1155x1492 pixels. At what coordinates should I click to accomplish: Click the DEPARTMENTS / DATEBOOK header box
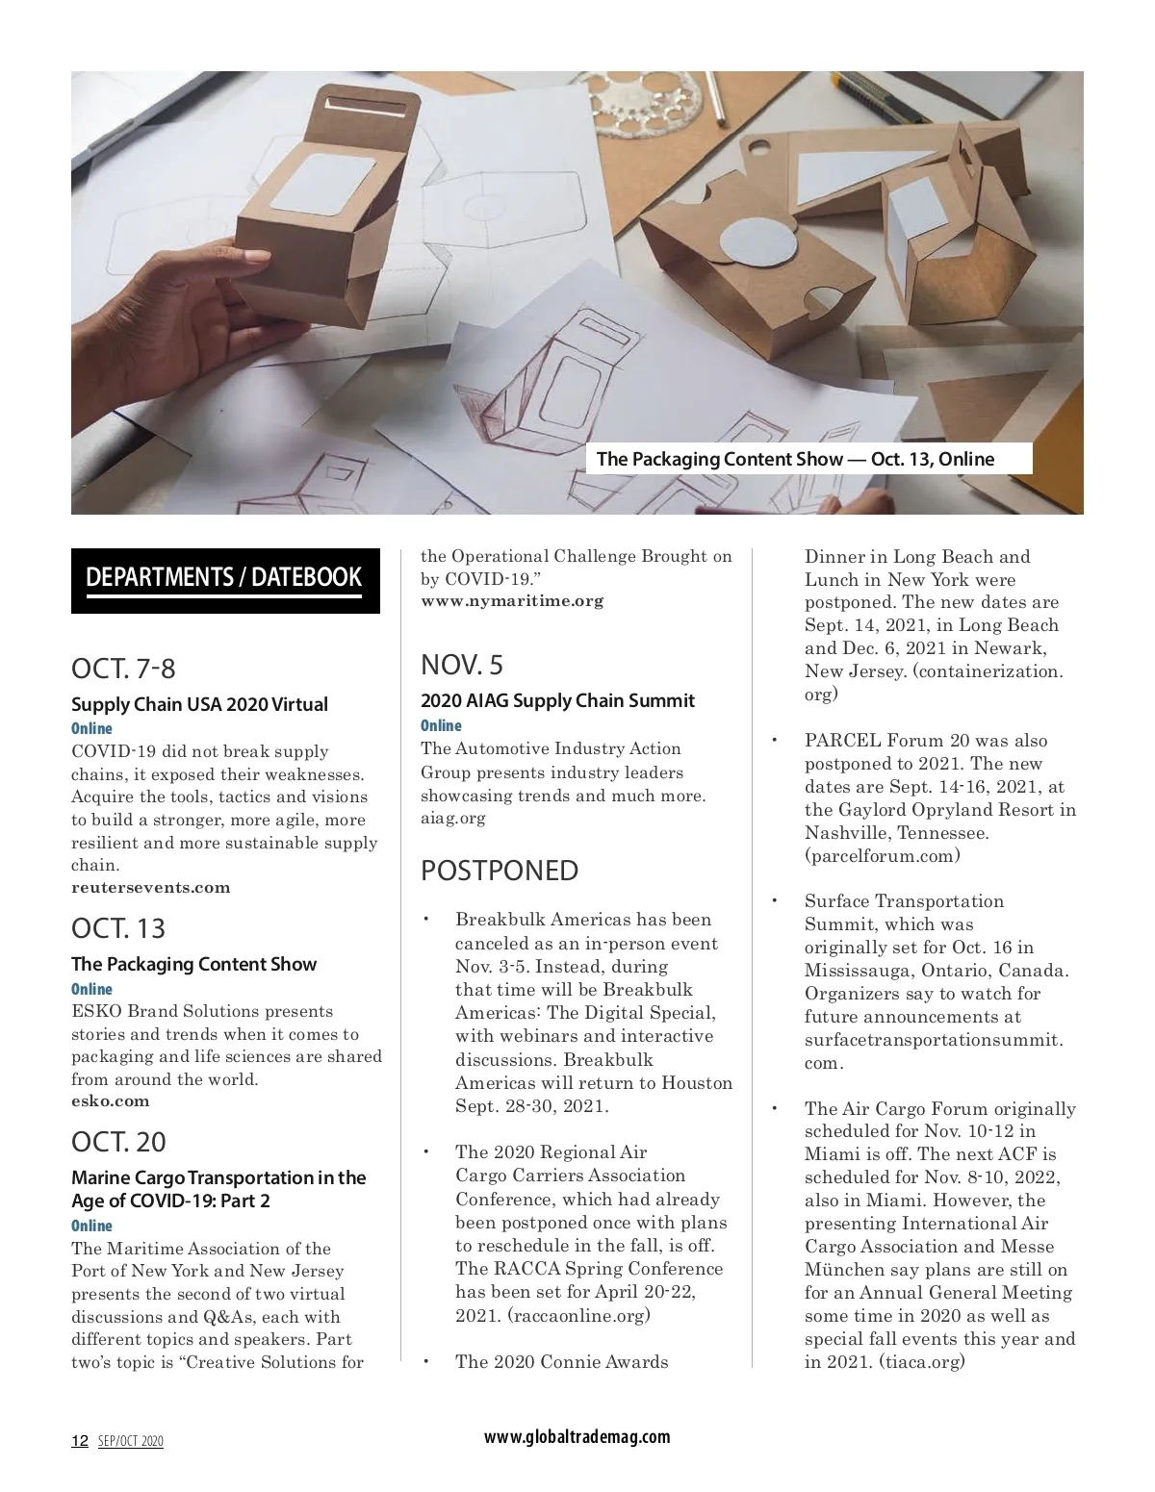click(224, 579)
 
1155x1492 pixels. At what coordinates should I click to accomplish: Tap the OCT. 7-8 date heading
click(123, 669)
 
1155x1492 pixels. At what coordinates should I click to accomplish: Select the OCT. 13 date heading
click(118, 928)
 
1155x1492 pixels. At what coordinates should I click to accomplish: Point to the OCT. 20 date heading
click(118, 1142)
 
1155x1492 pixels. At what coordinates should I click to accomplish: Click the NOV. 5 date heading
click(462, 665)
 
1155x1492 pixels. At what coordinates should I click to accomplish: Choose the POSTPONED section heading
click(500, 871)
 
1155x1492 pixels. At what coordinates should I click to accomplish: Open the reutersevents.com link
click(151, 888)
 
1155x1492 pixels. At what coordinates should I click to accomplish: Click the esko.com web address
click(111, 1101)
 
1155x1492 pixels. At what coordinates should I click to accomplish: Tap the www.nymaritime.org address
click(512, 601)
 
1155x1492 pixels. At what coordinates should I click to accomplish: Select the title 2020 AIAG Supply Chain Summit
click(557, 700)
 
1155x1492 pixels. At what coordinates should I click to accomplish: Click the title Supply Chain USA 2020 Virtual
click(199, 704)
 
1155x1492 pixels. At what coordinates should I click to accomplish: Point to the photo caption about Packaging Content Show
click(795, 459)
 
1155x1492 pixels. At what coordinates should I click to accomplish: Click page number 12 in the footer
click(80, 1441)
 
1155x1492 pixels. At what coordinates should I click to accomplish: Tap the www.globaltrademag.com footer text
click(577, 1437)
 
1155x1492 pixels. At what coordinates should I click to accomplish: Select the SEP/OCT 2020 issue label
click(131, 1441)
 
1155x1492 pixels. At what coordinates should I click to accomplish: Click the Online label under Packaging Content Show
click(91, 989)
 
